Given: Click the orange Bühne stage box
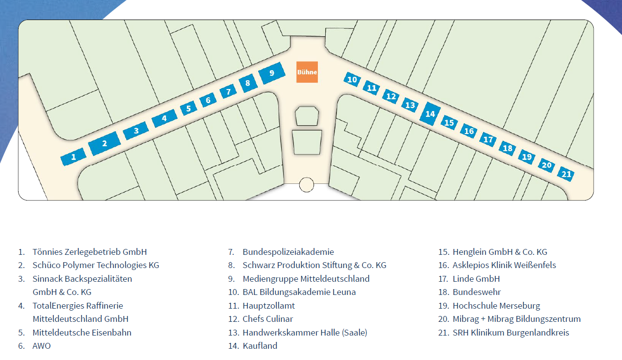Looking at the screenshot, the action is tap(307, 72).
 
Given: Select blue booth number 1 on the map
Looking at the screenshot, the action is tap(73, 157).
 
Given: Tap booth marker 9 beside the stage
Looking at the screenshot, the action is tap(271, 73).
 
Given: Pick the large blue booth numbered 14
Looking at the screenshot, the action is tap(430, 113).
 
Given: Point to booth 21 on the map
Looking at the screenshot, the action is tap(566, 174).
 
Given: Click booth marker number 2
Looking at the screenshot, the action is tap(105, 143).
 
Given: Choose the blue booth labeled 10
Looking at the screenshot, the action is tap(352, 79).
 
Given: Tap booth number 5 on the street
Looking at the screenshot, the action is tap(189, 108).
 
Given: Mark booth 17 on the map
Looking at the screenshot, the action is tap(488, 139).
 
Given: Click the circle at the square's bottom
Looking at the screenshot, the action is tap(307, 185).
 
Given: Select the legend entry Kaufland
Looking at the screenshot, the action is tap(260, 346).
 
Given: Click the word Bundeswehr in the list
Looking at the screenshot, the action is tap(477, 292).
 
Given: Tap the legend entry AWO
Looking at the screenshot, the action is tap(42, 346).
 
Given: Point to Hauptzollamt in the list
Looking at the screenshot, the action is tap(269, 306).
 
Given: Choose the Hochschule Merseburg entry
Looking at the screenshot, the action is tap(496, 306).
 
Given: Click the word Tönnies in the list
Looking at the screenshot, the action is tap(47, 252).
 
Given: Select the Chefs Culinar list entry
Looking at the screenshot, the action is tap(267, 319).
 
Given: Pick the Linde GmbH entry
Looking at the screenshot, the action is tap(476, 279).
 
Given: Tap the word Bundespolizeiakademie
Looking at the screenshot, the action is tap(288, 252).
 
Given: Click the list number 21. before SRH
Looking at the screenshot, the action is tap(443, 333).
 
